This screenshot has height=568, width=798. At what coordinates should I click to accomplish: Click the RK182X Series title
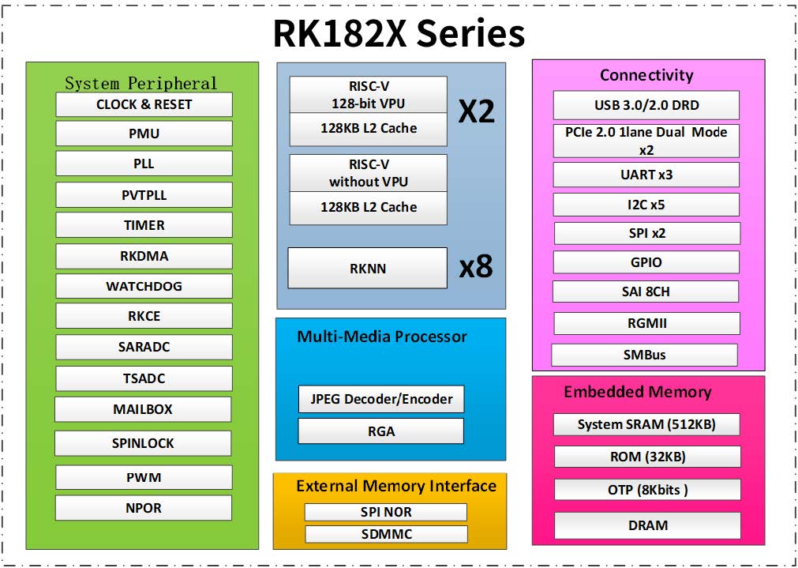pos(399,34)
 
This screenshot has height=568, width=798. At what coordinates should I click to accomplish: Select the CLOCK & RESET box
pos(144,104)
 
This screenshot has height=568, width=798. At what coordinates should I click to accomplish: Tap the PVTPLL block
pos(144,195)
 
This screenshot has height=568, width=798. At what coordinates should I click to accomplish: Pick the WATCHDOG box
pos(144,286)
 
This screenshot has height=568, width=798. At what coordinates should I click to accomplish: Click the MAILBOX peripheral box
pos(143,409)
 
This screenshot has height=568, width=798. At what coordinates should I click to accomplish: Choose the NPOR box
pos(144,508)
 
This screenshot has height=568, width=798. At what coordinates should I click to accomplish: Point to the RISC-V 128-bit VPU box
pos(369,95)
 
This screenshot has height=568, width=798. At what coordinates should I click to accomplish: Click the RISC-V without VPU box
pos(369,173)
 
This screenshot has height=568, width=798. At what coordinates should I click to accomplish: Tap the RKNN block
pos(368,269)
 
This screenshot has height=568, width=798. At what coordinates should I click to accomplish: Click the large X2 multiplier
pos(477,111)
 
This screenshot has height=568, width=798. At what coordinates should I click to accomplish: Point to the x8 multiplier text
pos(476,268)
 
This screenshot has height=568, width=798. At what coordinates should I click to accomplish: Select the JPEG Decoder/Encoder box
pos(381,399)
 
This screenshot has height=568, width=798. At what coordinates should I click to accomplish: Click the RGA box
pos(381,431)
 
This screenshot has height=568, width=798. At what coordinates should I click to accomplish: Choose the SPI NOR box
pos(386,512)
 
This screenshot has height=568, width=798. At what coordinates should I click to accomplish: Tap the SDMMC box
pos(386,534)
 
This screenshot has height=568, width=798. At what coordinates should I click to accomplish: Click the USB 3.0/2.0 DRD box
pos(646,105)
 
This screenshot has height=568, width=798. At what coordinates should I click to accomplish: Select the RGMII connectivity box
pos(646,323)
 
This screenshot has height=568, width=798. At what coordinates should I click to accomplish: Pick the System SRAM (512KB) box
pos(646,424)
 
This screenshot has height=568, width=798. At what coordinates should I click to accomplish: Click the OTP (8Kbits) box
pos(647,490)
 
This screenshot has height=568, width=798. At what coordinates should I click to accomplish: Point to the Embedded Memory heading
pos(637,392)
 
